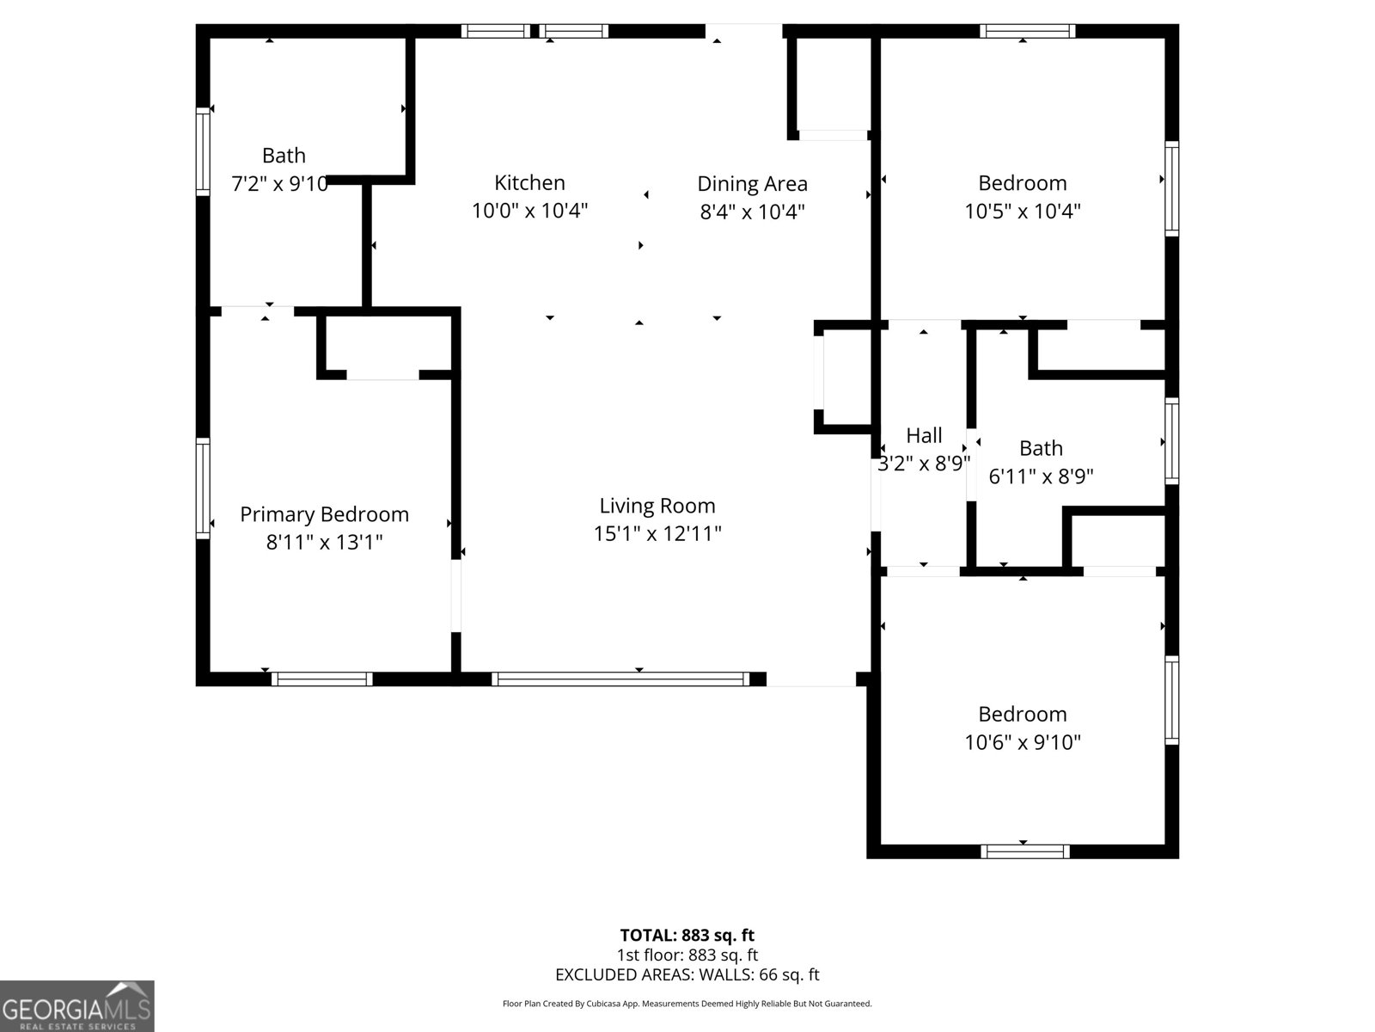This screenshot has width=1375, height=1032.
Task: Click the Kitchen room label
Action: pyautogui.click(x=529, y=182)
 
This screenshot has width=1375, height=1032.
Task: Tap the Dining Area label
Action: pyautogui.click(x=752, y=183)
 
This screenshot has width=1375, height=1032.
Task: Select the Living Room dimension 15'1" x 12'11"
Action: pyautogui.click(x=657, y=533)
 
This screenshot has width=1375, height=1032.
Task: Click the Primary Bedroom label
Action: pyautogui.click(x=324, y=514)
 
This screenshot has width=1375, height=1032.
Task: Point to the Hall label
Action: pyautogui.click(x=924, y=435)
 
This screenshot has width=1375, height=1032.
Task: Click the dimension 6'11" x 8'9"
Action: pyautogui.click(x=1041, y=476)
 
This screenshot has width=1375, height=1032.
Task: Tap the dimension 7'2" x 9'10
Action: pyautogui.click(x=280, y=183)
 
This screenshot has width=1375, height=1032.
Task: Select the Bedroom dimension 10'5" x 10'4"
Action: pyautogui.click(x=1022, y=211)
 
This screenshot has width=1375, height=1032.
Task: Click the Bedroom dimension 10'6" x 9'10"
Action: pyautogui.click(x=1022, y=742)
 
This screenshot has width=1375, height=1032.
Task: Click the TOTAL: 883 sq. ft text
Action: pyautogui.click(x=687, y=935)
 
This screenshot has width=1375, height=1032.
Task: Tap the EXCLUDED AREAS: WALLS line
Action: pyautogui.click(x=687, y=974)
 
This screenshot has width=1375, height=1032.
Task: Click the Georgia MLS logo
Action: pyautogui.click(x=76, y=1006)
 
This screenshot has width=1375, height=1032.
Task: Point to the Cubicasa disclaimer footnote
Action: pyautogui.click(x=687, y=1004)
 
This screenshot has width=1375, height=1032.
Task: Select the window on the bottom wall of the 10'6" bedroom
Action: pyautogui.click(x=1025, y=851)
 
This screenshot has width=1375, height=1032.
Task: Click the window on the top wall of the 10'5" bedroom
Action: pyautogui.click(x=1027, y=31)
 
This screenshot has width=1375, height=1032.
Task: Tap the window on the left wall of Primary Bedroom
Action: pyautogui.click(x=203, y=488)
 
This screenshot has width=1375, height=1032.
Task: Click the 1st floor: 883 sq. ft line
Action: pyautogui.click(x=687, y=955)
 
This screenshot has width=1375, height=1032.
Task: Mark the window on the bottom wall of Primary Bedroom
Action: pyautogui.click(x=322, y=679)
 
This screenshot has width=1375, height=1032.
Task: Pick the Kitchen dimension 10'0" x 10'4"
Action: pyautogui.click(x=529, y=211)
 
